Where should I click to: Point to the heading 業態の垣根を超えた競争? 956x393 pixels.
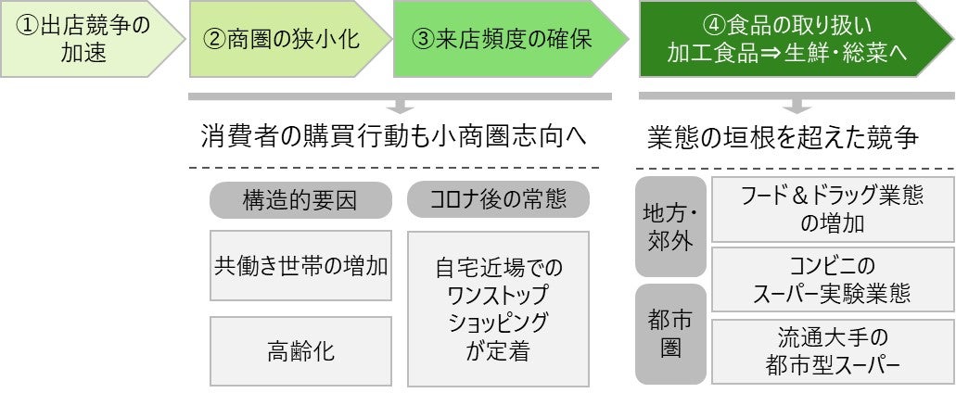tap(783, 137)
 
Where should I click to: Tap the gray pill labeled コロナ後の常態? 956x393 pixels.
tap(498, 200)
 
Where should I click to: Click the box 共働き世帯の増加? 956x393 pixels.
tap(300, 265)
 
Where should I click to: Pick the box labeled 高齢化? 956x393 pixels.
tap(300, 351)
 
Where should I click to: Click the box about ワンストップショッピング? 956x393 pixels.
tap(498, 309)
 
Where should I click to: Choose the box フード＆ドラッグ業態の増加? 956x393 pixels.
tap(832, 209)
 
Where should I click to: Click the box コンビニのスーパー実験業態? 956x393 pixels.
tap(832, 280)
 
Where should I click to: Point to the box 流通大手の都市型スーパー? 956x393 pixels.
tap(832, 351)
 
